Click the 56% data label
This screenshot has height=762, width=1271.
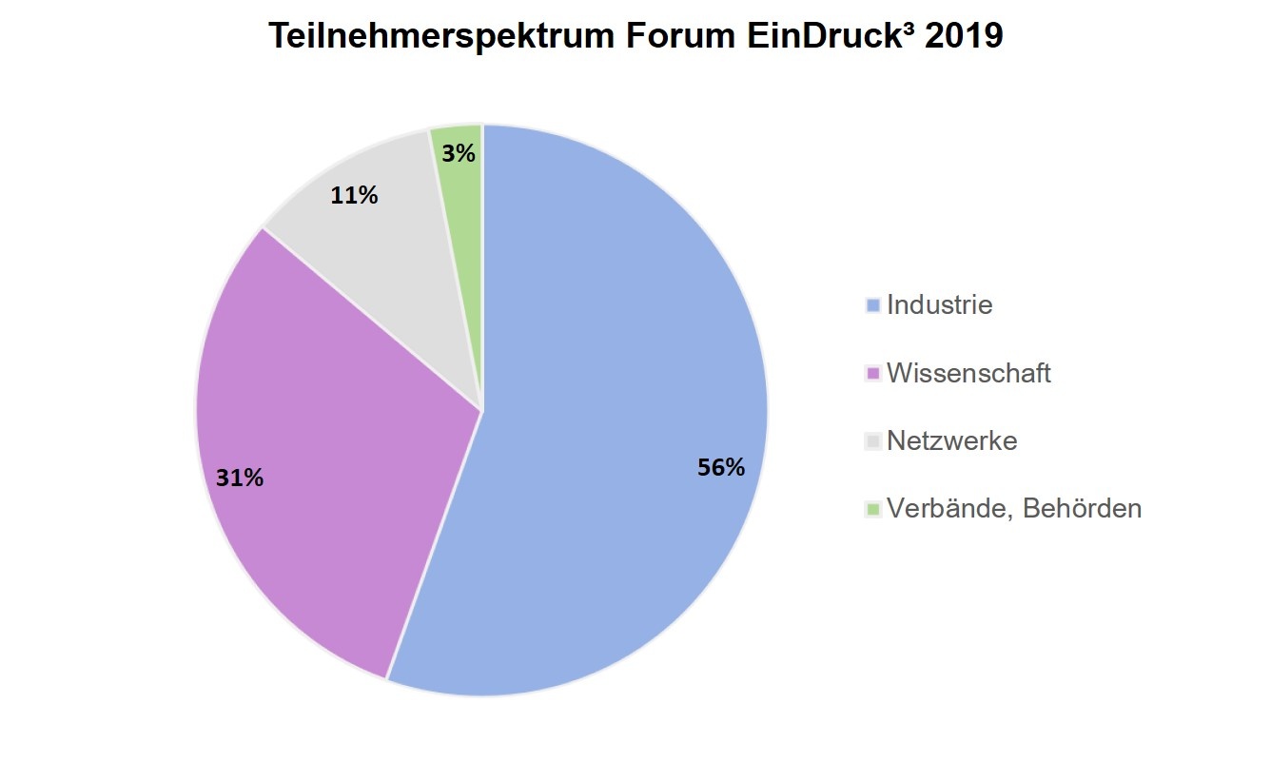pos(720,467)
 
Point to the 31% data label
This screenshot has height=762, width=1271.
pos(239,478)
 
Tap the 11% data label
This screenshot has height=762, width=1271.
pos(354,196)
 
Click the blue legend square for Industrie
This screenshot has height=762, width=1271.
pos(872,306)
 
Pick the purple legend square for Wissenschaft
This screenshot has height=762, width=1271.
pos(872,374)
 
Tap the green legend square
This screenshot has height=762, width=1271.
pos(872,510)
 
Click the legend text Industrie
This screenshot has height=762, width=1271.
pos(939,305)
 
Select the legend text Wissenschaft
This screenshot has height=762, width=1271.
pos(968,373)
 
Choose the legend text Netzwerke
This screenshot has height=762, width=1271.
pos(951,441)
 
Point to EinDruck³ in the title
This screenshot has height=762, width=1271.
pos(814,36)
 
